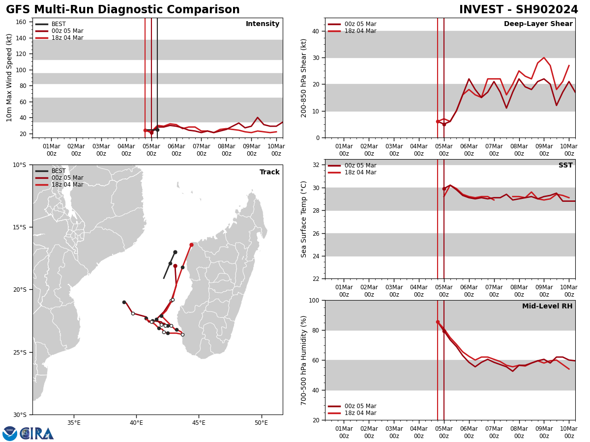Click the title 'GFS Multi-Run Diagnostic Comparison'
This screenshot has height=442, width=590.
[x=123, y=10]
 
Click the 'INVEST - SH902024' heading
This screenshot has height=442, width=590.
[x=518, y=10]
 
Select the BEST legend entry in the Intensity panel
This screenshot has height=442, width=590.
[x=59, y=24]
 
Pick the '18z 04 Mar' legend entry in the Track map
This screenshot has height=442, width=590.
[x=67, y=185]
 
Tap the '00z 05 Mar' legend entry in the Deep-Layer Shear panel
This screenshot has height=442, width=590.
[x=360, y=24]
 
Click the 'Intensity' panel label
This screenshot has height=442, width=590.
[x=263, y=24]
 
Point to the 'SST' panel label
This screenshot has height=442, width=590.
[x=565, y=166]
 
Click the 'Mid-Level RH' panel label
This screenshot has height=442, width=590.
[x=547, y=306]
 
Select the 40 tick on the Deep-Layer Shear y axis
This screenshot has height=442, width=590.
[x=315, y=31]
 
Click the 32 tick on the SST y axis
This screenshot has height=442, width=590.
[x=315, y=165]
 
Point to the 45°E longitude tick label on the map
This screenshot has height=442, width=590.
[x=199, y=423]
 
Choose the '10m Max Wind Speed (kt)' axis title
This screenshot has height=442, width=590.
[x=9, y=78]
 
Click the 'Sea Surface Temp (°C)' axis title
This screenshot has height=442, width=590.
[x=304, y=219]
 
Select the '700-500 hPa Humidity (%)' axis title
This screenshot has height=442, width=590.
[x=304, y=360]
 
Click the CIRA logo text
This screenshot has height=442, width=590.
[x=37, y=433]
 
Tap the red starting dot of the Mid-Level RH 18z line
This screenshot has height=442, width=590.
[x=438, y=322]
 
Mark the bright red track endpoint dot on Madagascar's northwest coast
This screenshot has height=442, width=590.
[x=191, y=245]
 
